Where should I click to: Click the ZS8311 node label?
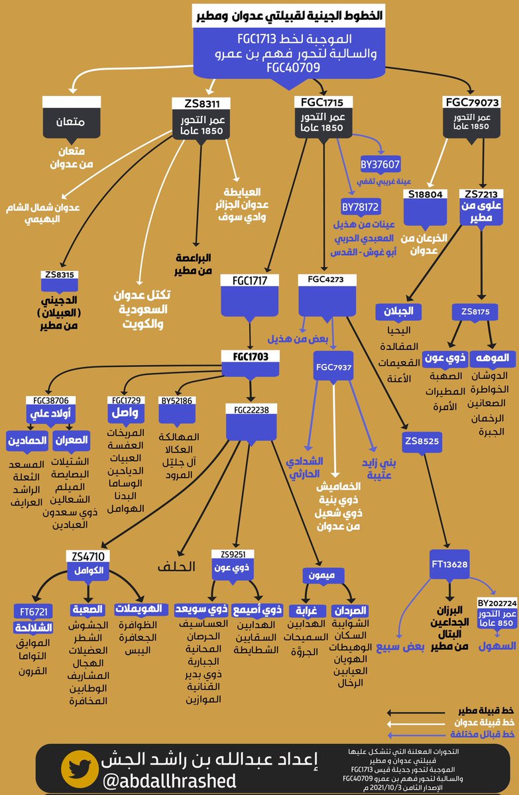[202, 103]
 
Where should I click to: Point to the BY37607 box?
[380, 164]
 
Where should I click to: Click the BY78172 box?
[360, 207]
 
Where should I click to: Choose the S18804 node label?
[426, 193]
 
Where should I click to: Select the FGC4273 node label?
[326, 280]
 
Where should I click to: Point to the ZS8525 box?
[420, 440]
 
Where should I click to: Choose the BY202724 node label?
[496, 603]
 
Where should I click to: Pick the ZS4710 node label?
[84, 555]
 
